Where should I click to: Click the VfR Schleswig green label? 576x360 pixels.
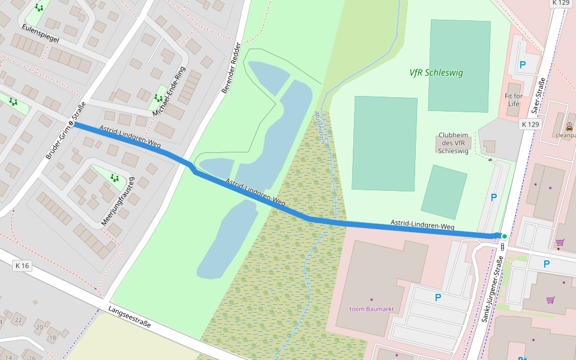(436, 73)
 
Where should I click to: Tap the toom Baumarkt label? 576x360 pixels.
(371, 309)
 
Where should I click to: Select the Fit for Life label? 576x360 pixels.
(513, 100)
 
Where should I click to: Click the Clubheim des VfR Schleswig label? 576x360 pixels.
(453, 143)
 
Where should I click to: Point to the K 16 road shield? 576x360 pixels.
(22, 265)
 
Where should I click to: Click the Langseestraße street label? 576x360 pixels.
(130, 319)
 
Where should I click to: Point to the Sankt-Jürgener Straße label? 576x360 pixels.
(492, 290)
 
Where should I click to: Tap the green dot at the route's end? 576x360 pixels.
(505, 236)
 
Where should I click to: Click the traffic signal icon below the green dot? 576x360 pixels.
(502, 247)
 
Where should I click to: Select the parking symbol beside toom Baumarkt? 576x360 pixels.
(437, 298)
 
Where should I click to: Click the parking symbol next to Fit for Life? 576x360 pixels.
(522, 65)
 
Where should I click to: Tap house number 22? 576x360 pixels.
(19, 320)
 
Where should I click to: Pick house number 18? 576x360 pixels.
(52, 338)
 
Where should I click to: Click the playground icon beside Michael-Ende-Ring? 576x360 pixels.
(159, 97)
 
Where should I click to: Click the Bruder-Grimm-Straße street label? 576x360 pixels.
(65, 131)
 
